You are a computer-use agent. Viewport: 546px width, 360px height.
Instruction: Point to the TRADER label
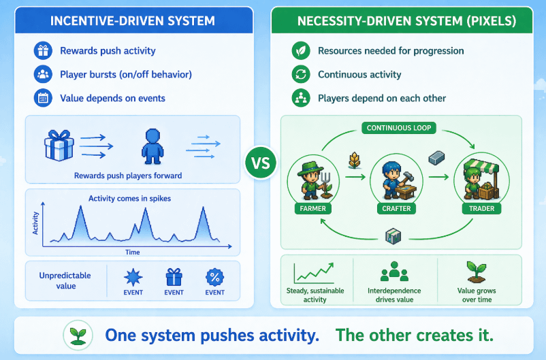[481, 208]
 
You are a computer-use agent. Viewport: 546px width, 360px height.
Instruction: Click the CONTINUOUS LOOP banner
[398, 128]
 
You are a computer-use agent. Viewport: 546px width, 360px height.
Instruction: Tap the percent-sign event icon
[214, 277]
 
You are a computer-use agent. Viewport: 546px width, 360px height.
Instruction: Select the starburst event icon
[132, 277]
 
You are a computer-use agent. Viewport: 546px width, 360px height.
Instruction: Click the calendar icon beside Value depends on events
[43, 97]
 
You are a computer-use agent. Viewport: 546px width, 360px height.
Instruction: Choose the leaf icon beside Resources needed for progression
[300, 50]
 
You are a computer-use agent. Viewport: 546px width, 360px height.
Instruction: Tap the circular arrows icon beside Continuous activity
[300, 74]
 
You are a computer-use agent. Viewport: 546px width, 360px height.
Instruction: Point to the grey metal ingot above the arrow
[436, 158]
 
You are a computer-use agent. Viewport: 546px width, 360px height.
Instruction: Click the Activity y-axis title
[35, 223]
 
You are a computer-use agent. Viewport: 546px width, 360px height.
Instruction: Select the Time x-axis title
[133, 252]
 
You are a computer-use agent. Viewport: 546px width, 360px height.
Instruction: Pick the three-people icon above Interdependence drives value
[394, 272]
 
